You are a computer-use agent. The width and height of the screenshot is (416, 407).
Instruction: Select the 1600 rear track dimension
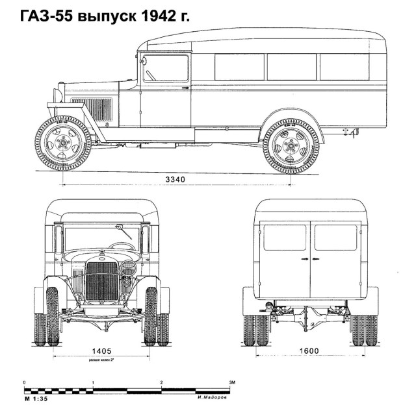point(309,351)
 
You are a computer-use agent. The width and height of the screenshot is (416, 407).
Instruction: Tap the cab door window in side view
point(166,68)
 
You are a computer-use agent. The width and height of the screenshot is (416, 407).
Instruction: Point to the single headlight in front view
point(129,267)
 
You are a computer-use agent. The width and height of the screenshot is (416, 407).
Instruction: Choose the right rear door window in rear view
point(335,238)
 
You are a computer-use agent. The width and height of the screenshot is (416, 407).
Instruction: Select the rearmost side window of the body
point(344,67)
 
